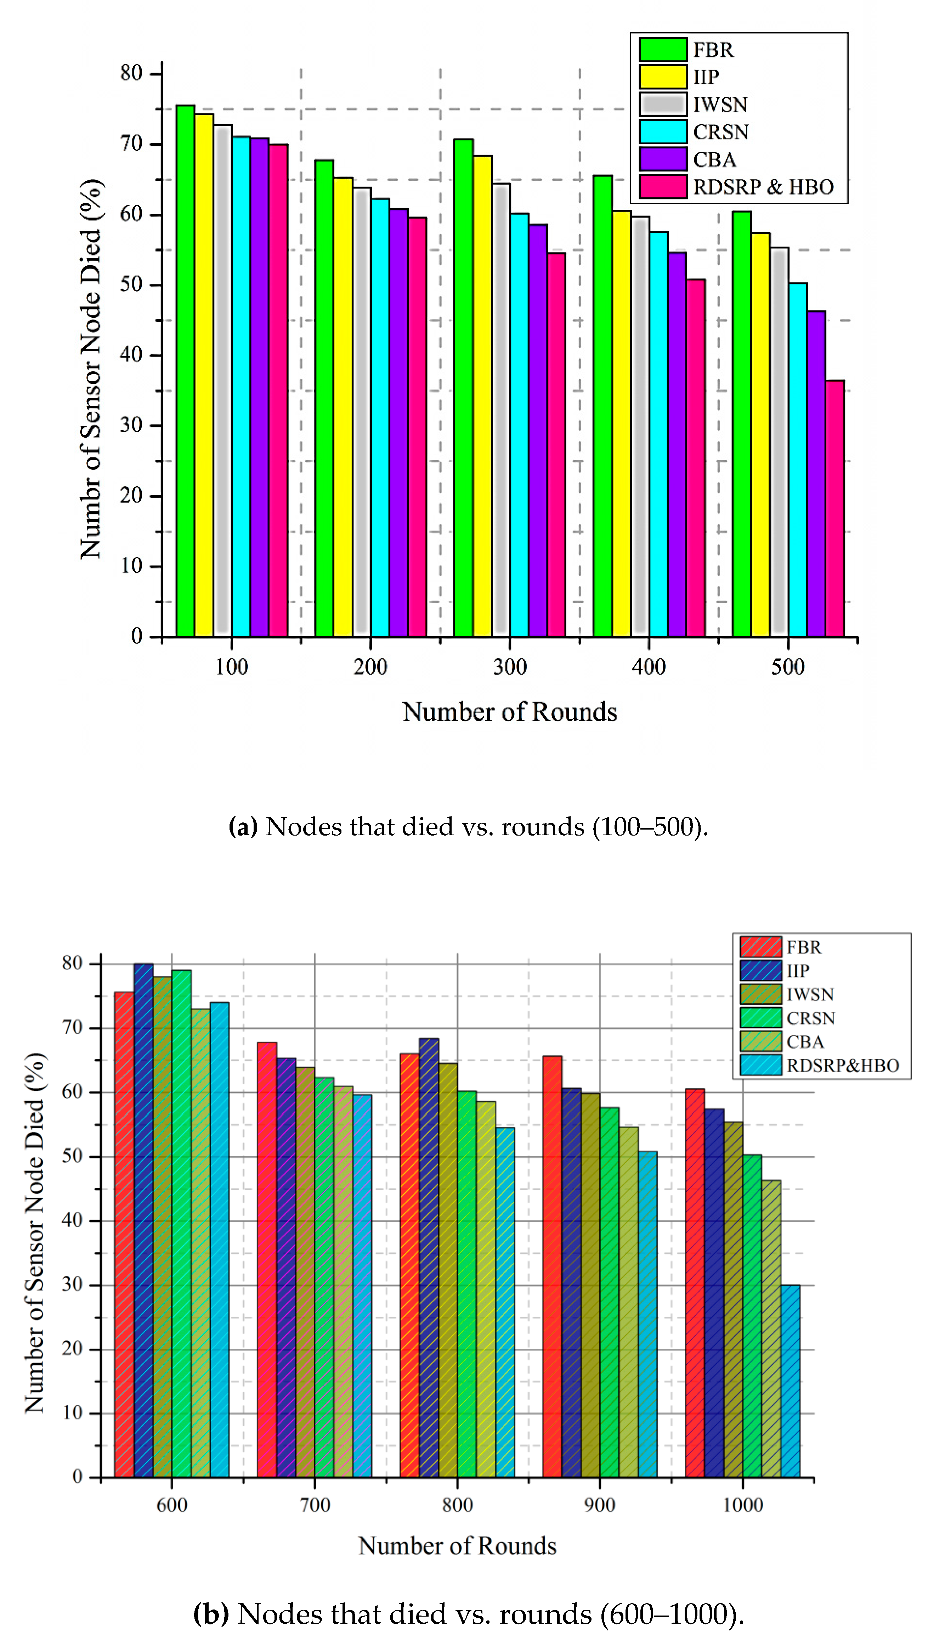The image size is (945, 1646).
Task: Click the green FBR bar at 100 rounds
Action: click(x=185, y=370)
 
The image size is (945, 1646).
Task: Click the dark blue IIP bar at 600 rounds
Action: click(x=143, y=1221)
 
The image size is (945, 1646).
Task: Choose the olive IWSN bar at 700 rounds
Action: click(x=305, y=1273)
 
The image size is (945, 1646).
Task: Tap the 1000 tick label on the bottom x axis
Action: click(x=742, y=1505)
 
